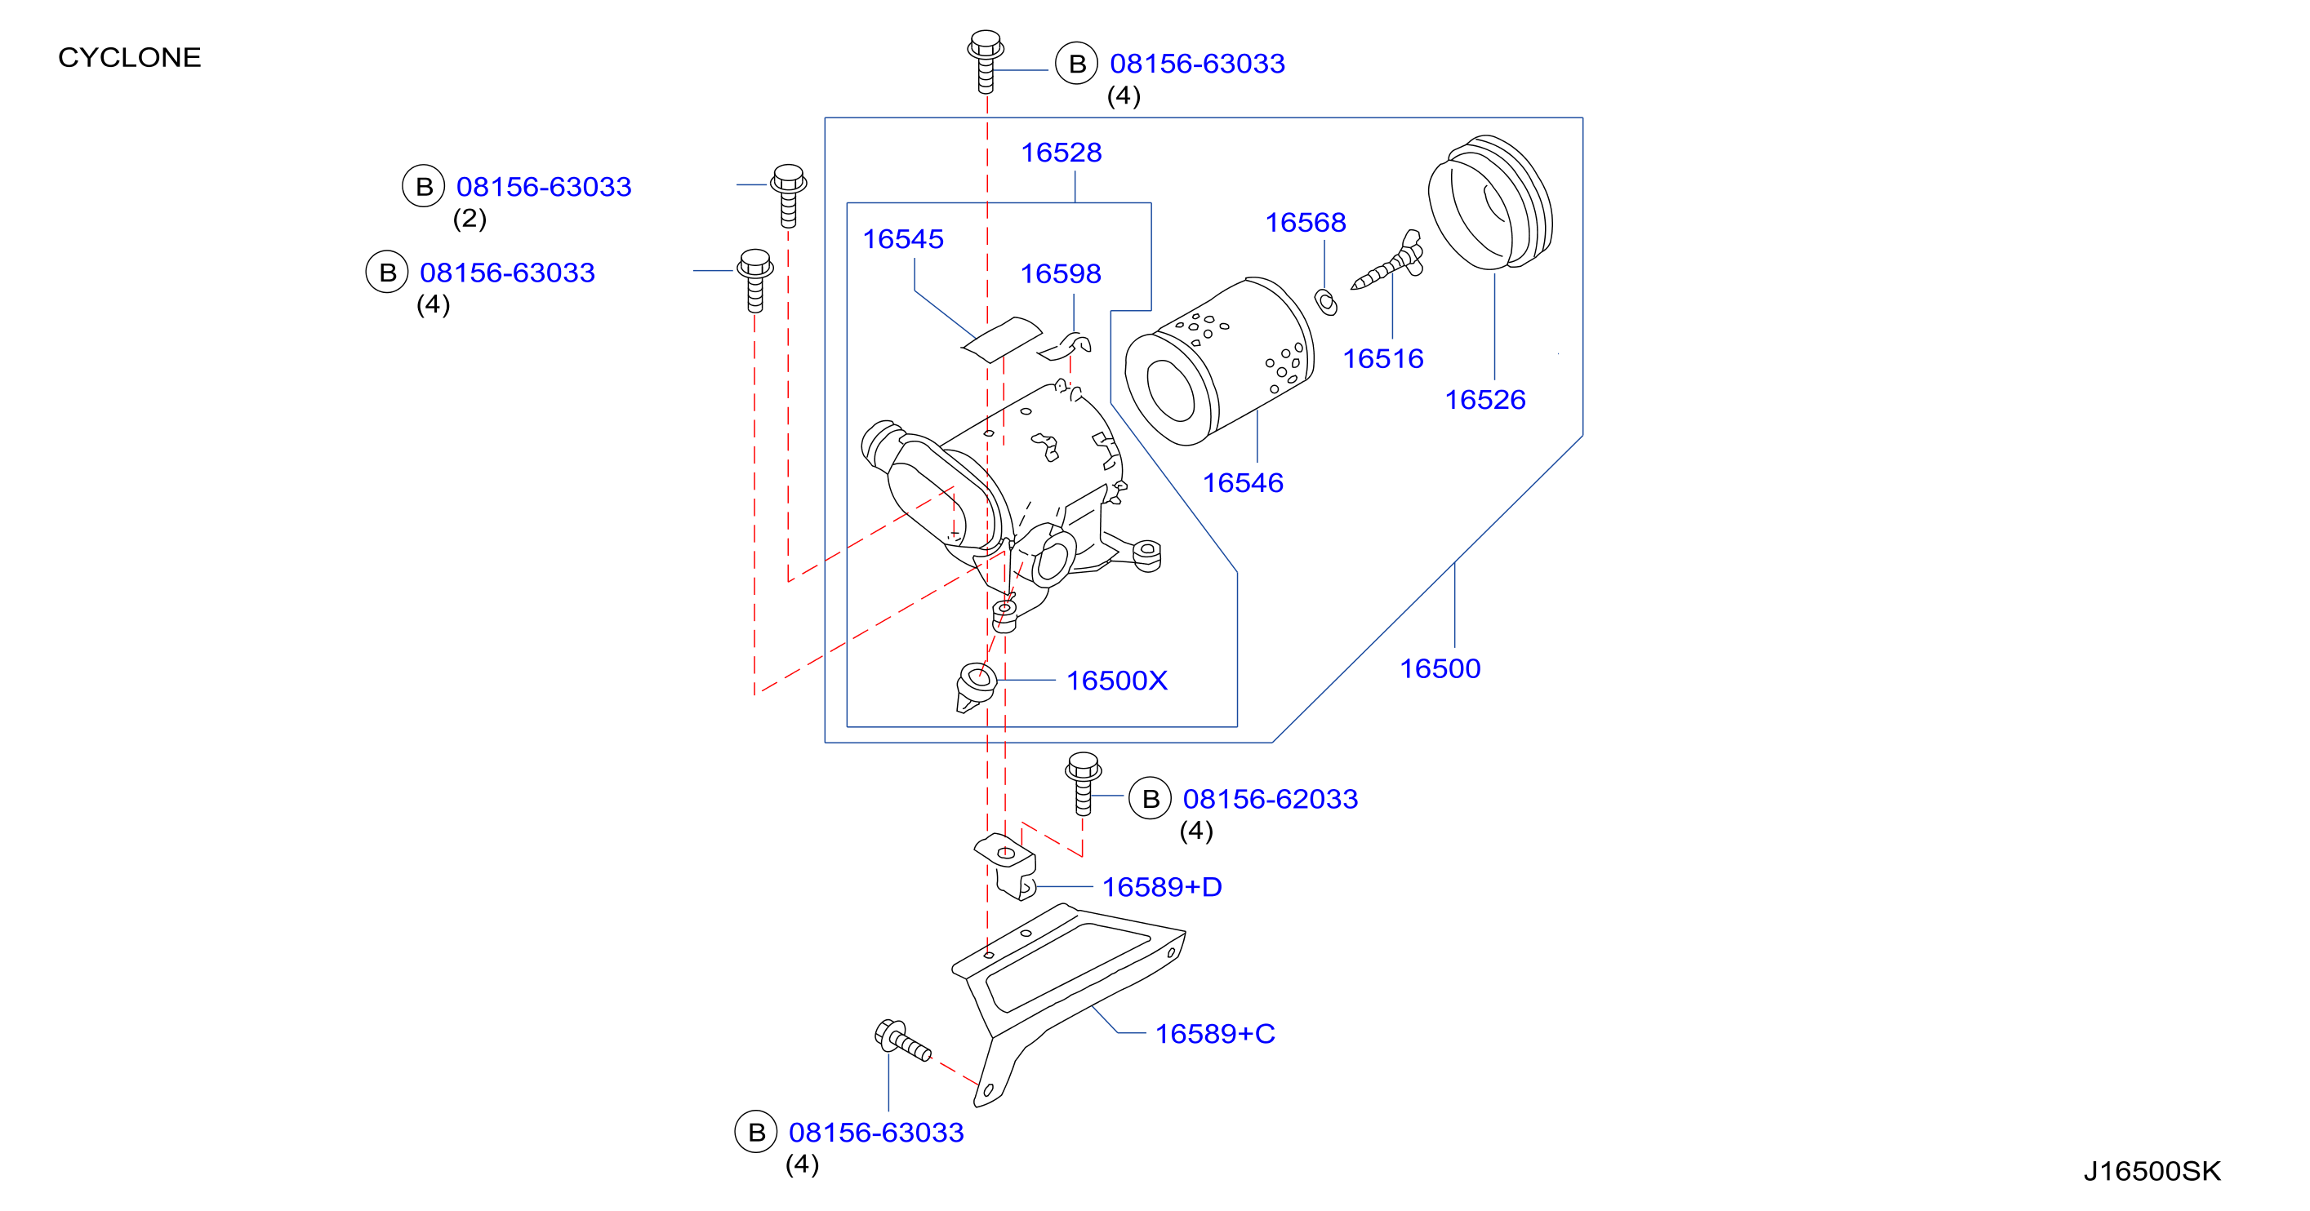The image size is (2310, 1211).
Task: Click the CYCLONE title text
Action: click(129, 57)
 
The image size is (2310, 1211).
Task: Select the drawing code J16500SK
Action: click(2152, 1171)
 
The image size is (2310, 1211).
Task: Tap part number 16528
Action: click(1061, 153)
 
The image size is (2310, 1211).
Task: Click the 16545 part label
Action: click(903, 239)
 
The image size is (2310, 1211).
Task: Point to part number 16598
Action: click(1061, 273)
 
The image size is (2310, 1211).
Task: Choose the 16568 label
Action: click(1306, 222)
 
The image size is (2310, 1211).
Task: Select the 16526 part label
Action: click(1485, 400)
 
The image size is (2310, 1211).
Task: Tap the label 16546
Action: click(1243, 483)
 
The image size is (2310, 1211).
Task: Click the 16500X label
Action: click(1117, 681)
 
